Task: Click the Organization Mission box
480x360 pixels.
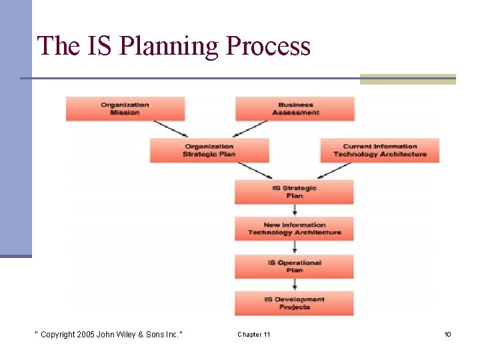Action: point(125,109)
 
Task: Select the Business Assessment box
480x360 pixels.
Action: point(295,109)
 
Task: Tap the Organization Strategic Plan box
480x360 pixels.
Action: point(209,150)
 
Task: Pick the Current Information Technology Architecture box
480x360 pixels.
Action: point(379,150)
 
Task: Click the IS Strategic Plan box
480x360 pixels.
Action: point(294,192)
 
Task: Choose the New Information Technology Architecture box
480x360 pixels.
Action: point(294,229)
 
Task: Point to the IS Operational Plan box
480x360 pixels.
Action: point(294,266)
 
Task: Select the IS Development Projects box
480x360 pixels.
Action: point(294,303)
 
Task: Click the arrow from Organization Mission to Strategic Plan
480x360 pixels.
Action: point(170,129)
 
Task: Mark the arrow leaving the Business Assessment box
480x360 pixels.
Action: point(248,129)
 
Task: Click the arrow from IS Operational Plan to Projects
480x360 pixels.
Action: point(294,285)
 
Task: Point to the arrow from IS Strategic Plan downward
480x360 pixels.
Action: point(294,210)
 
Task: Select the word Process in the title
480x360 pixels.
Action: point(269,46)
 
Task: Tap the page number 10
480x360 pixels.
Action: point(447,334)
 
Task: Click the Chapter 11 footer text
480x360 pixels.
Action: point(253,334)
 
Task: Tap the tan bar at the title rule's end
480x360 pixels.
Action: point(407,79)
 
